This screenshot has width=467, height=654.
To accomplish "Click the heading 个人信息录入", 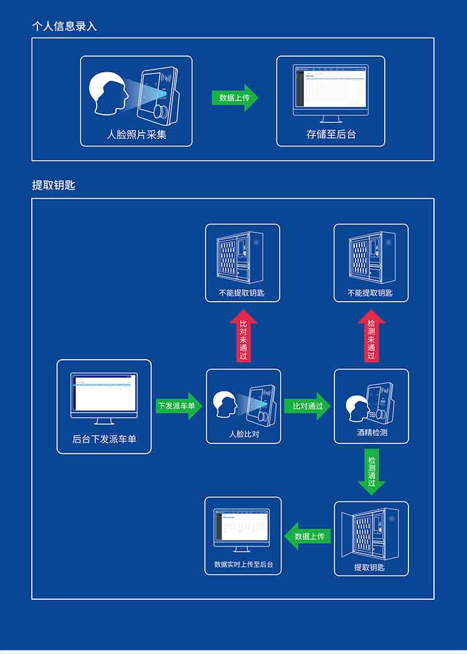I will (65, 26).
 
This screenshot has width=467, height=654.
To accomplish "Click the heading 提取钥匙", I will (54, 185).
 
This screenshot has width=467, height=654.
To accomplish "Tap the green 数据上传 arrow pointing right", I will (235, 98).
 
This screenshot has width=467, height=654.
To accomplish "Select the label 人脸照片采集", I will (136, 134).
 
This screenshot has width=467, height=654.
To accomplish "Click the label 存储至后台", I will (331, 134).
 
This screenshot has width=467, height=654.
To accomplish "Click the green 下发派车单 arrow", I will (179, 406).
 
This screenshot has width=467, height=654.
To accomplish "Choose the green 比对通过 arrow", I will (307, 406).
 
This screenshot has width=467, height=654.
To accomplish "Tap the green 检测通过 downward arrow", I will (371, 471).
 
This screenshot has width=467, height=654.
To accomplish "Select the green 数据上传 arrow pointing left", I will (308, 536).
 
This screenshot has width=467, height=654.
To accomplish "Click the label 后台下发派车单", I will (104, 439).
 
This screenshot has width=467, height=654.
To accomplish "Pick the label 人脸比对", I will (243, 434).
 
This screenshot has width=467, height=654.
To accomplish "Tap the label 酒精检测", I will (372, 432).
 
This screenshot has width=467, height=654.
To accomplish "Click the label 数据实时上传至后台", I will (243, 564).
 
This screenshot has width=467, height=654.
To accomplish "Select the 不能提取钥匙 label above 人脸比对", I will (242, 292).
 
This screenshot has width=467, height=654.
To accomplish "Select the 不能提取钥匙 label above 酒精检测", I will (370, 292).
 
